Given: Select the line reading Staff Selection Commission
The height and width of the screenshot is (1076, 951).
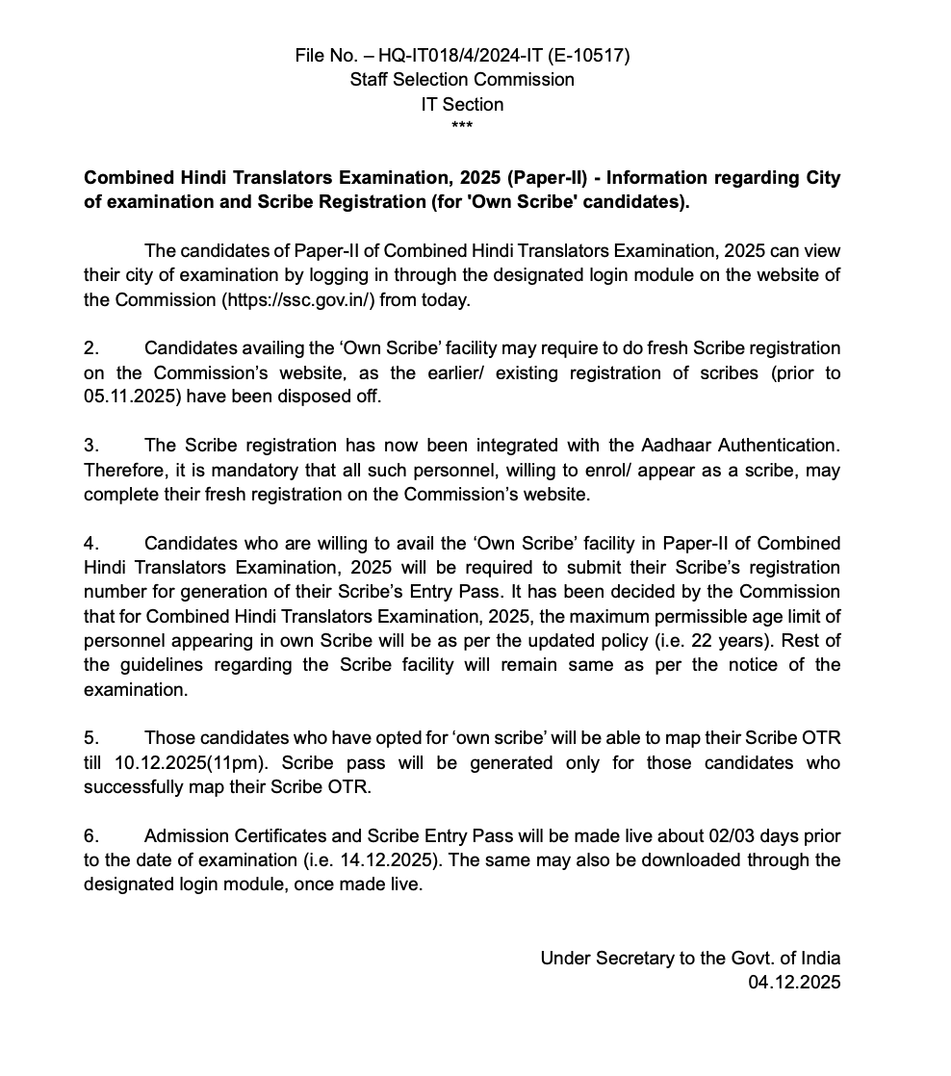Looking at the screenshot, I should coord(462,80).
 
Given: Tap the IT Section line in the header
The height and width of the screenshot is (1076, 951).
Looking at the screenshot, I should coord(462,104).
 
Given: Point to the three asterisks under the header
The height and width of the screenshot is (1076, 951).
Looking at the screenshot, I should coord(462,127).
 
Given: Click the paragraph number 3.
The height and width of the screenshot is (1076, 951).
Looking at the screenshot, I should coord(90,445).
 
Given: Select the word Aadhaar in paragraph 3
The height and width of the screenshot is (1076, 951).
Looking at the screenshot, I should coord(672,445).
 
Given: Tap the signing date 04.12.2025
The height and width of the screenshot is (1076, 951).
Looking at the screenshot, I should coord(794,982).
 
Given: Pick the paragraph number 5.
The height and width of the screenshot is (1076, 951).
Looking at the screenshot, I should coord(90,738).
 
